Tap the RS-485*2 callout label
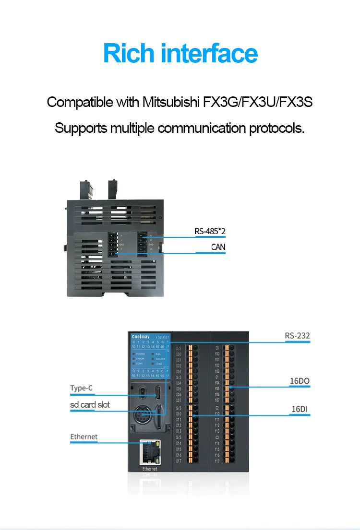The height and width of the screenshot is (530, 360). tap(210, 231)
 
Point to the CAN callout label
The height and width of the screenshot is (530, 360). tap(218, 247)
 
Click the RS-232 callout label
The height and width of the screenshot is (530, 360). tap(297, 336)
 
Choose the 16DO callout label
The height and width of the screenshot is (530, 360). tap(300, 382)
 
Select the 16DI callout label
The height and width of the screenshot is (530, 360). tap(300, 409)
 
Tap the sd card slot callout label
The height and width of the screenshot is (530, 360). tap(90, 404)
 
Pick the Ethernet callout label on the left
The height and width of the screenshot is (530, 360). tap(84, 436)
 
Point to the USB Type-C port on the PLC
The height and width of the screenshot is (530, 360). tap(157, 393)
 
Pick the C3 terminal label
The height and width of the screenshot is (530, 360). tap(217, 437)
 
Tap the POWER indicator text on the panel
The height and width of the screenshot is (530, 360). tap(141, 353)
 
